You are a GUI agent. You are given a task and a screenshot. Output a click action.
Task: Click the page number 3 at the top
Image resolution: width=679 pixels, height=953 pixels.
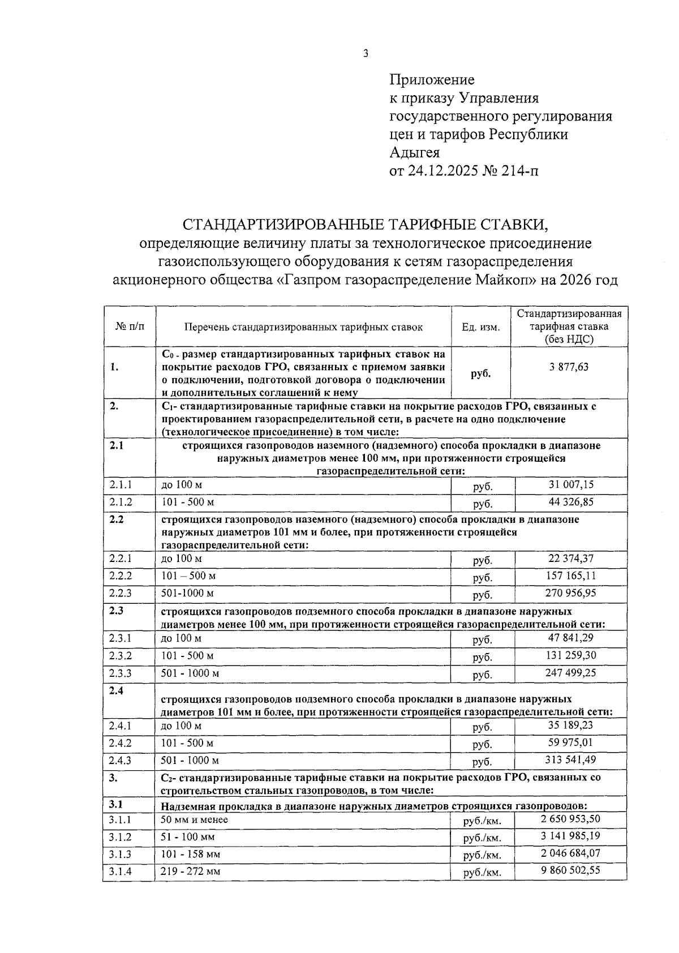point(366,54)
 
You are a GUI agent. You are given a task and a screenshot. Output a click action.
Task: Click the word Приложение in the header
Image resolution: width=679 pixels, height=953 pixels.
point(432,80)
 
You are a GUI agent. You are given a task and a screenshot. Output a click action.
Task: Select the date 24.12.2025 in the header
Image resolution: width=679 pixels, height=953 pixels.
point(438,171)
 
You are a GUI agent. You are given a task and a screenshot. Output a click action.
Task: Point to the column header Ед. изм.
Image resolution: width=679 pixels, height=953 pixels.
point(481,327)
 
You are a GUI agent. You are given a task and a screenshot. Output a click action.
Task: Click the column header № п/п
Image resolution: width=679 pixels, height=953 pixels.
point(130,327)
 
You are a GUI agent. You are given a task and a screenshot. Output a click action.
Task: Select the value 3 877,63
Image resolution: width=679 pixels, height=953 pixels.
point(569,367)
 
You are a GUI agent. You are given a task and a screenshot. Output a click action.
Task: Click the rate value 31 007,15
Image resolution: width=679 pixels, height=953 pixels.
point(571,485)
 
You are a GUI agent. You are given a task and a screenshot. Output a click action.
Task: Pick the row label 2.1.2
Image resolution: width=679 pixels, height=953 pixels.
point(121,503)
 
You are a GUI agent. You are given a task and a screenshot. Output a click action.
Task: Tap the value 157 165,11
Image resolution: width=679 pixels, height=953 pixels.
point(571,576)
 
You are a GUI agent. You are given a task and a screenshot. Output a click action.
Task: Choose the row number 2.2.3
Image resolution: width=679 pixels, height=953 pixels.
point(121,594)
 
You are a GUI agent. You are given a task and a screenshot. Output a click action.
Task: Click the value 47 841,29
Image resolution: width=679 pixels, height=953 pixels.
point(571,638)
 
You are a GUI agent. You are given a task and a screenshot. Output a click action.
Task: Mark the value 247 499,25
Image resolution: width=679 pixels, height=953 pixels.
point(571,673)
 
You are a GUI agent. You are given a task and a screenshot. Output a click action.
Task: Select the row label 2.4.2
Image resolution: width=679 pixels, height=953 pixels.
point(121,743)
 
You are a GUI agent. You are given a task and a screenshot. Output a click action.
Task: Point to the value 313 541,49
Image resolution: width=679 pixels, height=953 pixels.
point(571,760)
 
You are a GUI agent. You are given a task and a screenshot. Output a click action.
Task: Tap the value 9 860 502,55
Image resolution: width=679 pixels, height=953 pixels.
point(571,870)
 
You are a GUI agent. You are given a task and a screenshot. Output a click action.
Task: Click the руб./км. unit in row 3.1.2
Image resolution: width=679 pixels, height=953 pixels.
point(482,838)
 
